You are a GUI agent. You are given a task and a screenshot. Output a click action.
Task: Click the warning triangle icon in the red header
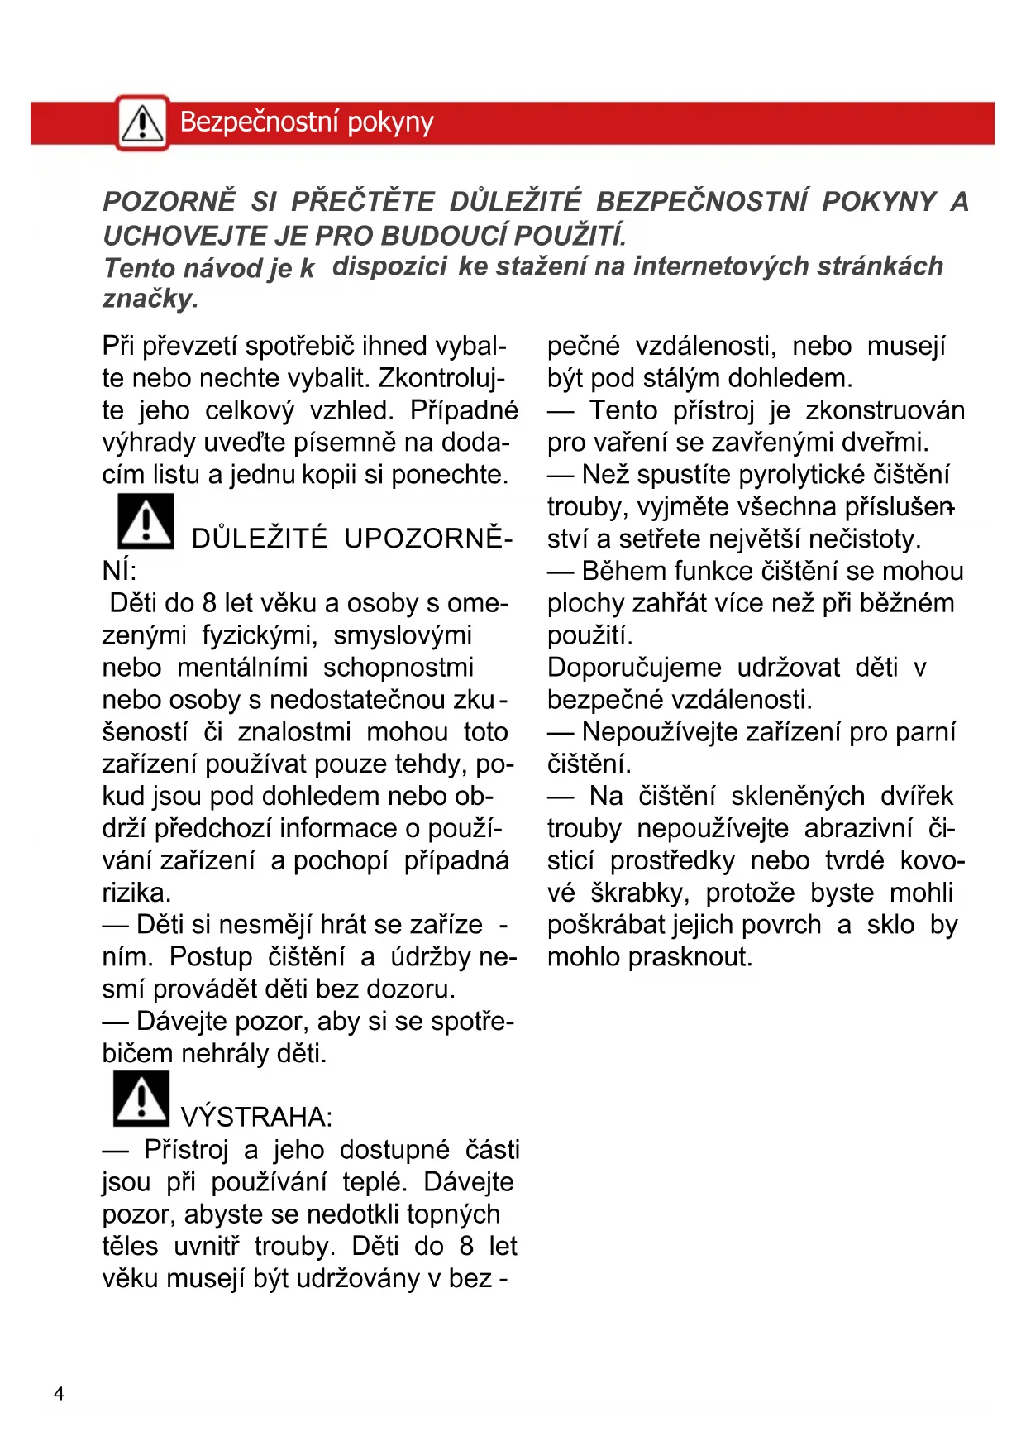click(142, 123)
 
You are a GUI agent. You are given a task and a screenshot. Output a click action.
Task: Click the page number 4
click(59, 1394)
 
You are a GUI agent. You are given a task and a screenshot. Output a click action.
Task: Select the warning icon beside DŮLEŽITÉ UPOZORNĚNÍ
click(146, 521)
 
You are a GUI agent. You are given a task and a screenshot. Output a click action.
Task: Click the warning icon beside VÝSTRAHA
click(141, 1099)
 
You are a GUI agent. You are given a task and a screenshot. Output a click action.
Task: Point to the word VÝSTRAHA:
click(256, 1117)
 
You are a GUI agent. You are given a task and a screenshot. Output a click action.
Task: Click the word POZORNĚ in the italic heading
click(169, 202)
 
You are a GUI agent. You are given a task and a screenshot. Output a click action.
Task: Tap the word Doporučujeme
click(634, 668)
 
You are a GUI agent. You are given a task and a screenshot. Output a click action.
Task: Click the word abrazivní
click(858, 828)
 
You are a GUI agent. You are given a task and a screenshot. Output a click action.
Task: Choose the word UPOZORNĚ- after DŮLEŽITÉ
click(428, 539)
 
